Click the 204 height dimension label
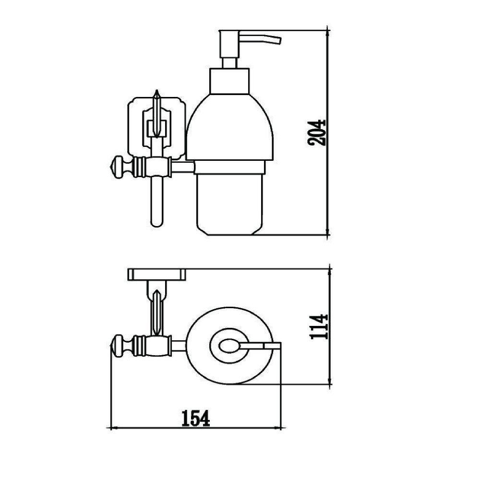click(316, 132)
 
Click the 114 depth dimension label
click(319, 326)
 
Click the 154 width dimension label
click(196, 419)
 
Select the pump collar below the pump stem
click(229, 81)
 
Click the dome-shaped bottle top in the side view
click(229, 127)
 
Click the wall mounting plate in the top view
click(157, 275)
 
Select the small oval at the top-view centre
click(229, 346)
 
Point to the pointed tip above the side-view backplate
click(157, 91)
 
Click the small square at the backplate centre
click(157, 128)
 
